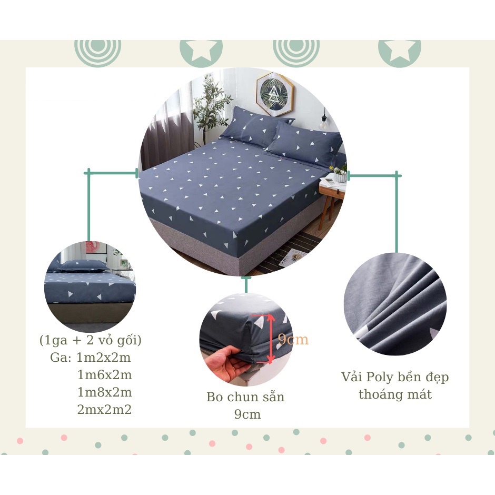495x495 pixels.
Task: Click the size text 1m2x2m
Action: point(104,358)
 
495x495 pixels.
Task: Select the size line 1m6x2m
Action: point(104,375)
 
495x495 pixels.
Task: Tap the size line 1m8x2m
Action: point(104,392)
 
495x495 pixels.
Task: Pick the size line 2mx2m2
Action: point(104,410)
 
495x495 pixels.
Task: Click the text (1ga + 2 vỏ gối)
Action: point(90,340)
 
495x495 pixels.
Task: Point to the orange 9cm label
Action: point(293,340)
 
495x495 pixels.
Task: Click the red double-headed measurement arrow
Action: point(270,339)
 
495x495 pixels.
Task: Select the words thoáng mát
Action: point(395,394)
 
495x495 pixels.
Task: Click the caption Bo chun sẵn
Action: point(245,397)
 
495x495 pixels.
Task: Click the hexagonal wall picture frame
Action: point(275,94)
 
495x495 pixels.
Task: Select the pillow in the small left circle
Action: point(83,266)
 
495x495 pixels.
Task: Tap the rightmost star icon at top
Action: point(400,54)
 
